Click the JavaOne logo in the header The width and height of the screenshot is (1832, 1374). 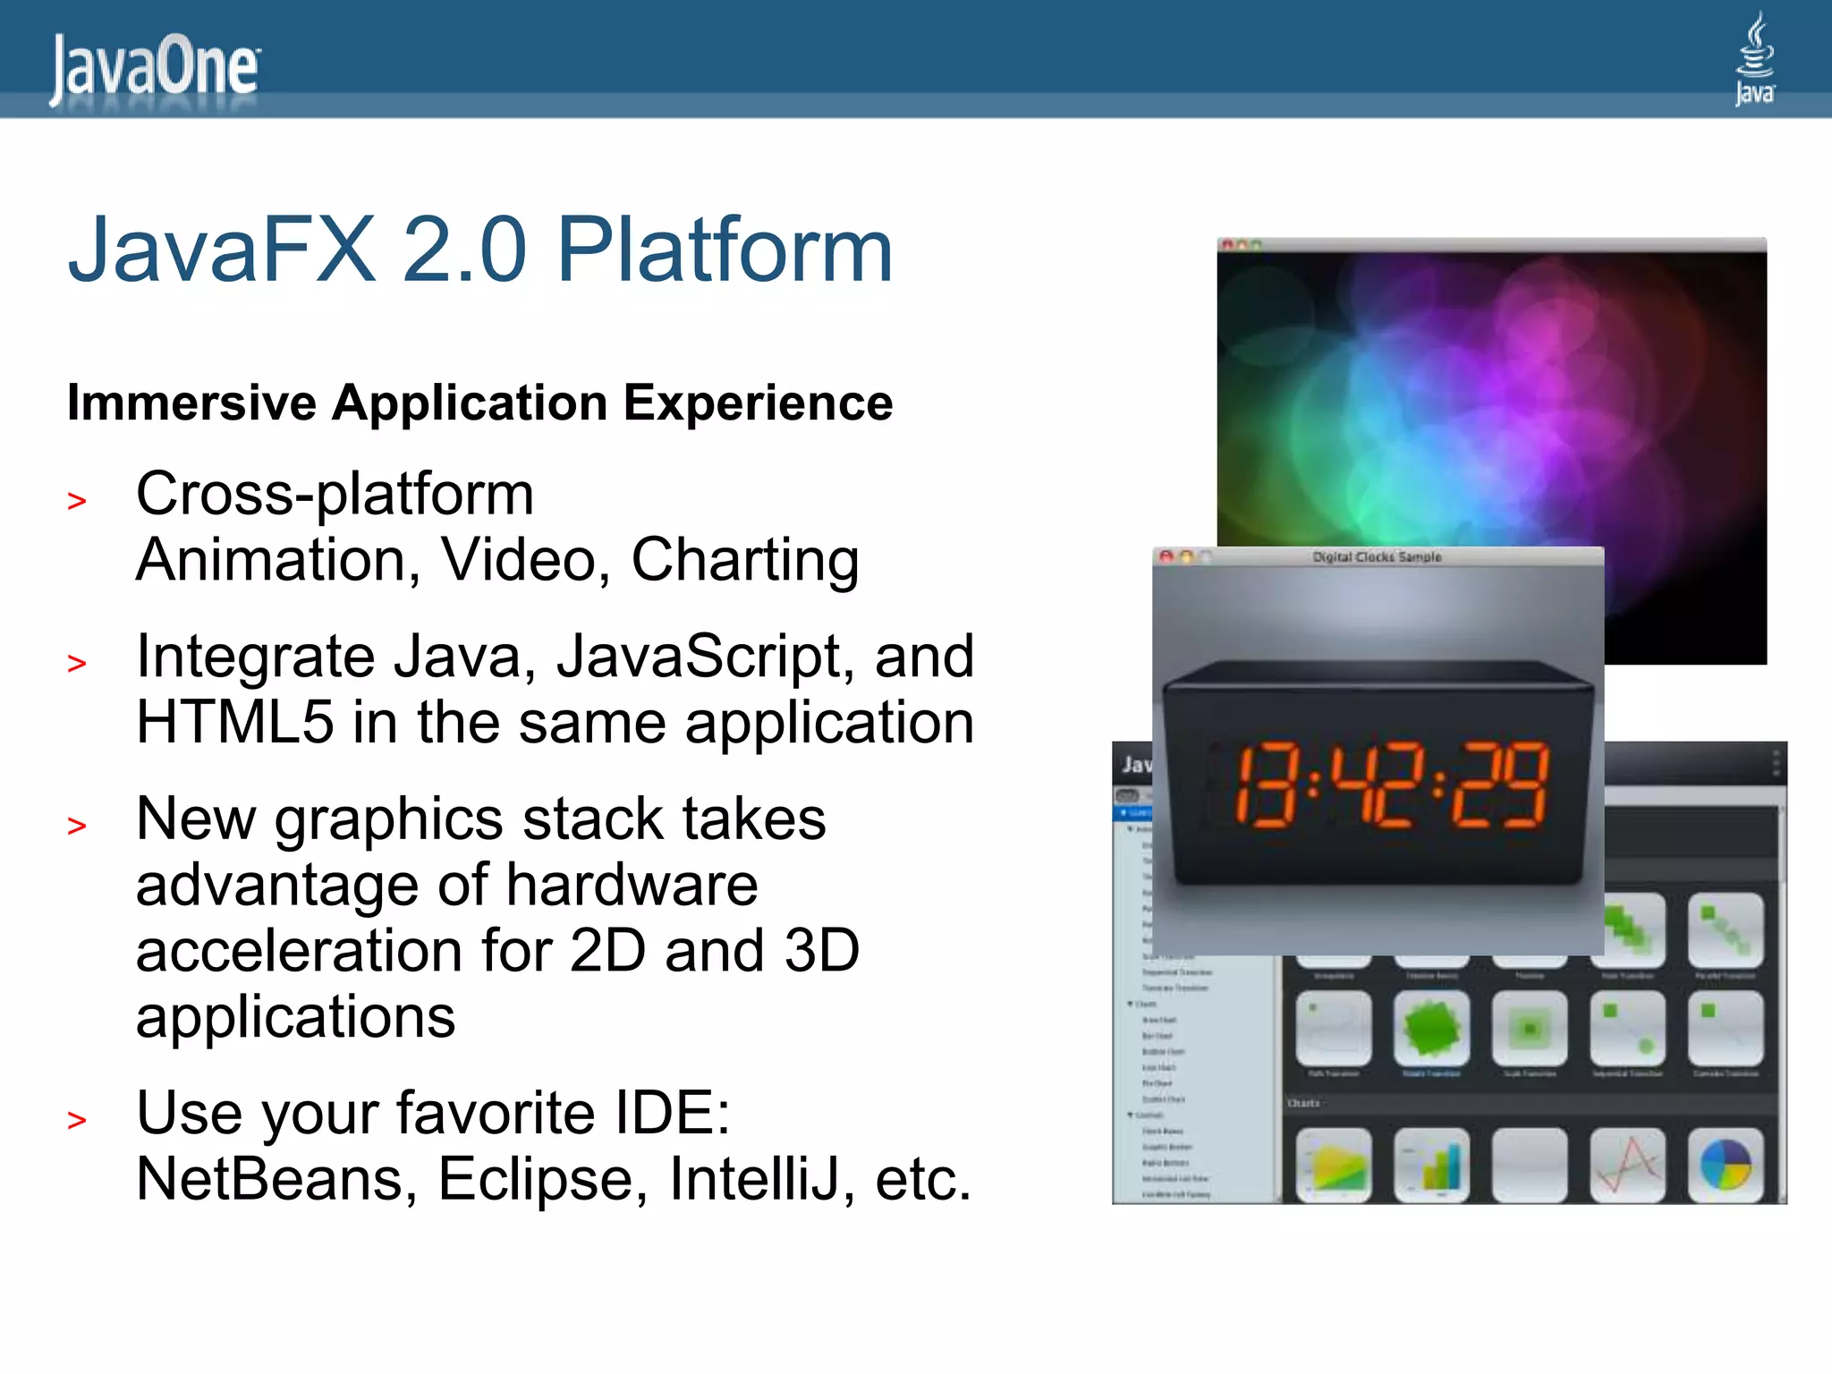pos(154,68)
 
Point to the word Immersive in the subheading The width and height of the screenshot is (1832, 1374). pos(191,403)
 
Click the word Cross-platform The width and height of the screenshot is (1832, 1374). pos(335,494)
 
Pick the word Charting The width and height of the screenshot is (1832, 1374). pos(745,560)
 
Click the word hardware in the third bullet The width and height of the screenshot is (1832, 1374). pos(632,886)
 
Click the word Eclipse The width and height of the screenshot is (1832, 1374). pos(541,1179)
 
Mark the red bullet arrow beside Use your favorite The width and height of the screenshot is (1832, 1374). pos(77,1120)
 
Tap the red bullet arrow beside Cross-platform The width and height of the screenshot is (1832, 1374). pos(77,501)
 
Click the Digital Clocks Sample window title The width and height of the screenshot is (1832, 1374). pos(1377,556)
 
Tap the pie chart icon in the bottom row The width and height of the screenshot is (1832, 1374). pos(1726,1165)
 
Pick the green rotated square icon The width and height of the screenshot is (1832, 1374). pos(1431,1029)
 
